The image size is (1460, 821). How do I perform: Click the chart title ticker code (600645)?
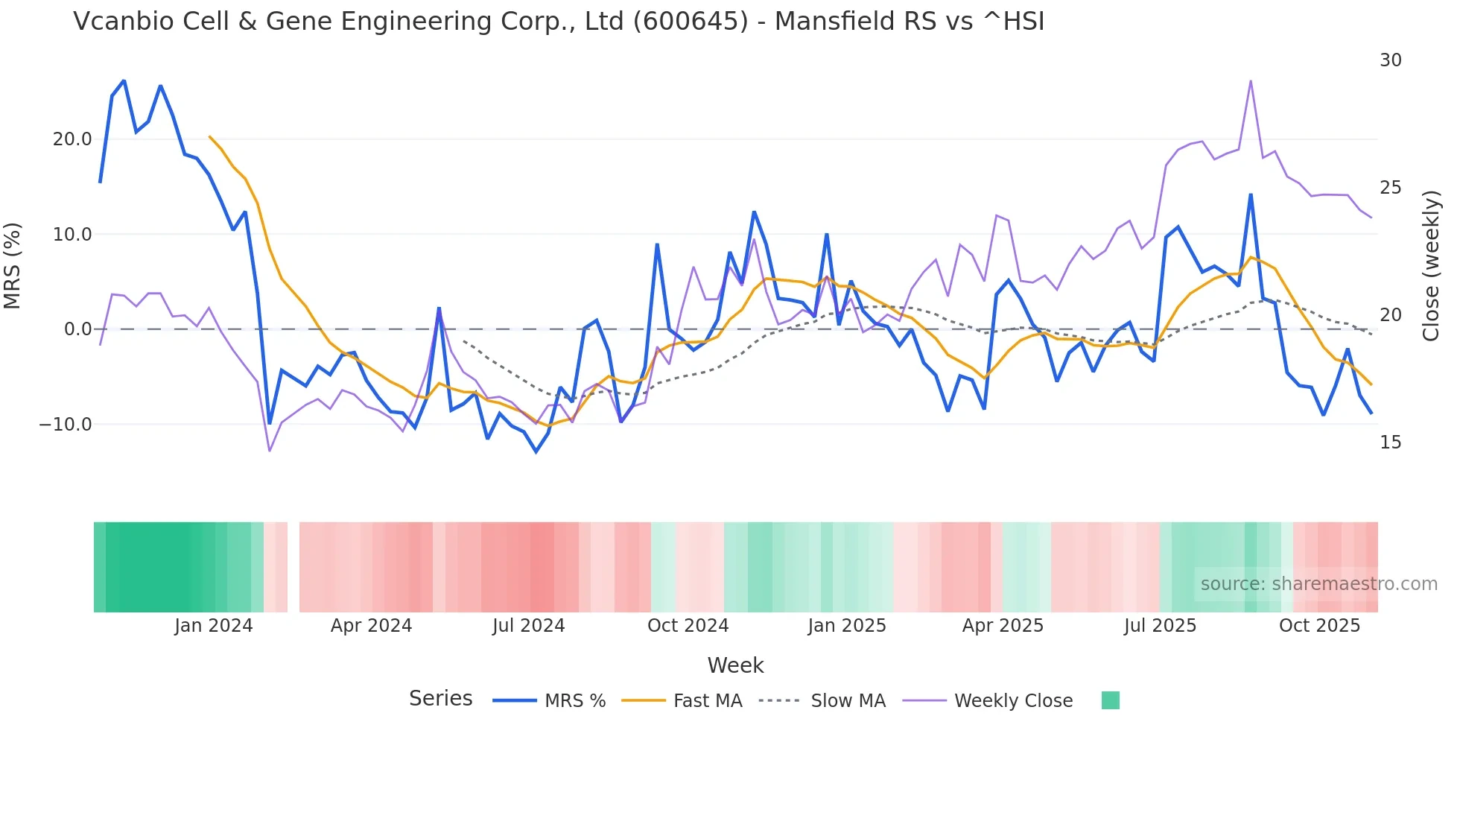(x=690, y=22)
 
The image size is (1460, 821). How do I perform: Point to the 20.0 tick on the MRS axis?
(x=72, y=139)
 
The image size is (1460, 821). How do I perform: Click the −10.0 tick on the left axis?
(x=66, y=425)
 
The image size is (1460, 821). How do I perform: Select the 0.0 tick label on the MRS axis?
(x=77, y=329)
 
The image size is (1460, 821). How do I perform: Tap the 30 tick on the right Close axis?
(x=1390, y=60)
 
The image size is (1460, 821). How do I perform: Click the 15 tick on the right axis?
(x=1390, y=443)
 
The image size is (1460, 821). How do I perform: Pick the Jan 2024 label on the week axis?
(x=214, y=626)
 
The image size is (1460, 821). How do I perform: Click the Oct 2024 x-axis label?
(x=688, y=626)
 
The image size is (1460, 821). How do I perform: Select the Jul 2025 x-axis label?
(x=1160, y=626)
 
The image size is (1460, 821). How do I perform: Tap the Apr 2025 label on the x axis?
(x=1003, y=626)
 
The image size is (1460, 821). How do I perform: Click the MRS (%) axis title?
(x=13, y=265)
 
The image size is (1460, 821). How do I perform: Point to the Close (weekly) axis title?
(x=1430, y=266)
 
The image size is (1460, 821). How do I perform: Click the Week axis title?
(x=735, y=665)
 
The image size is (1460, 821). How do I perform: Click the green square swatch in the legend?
(x=1110, y=700)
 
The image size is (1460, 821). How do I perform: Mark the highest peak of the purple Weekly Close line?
(x=1251, y=80)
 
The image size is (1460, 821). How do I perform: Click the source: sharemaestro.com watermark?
(x=1318, y=584)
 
